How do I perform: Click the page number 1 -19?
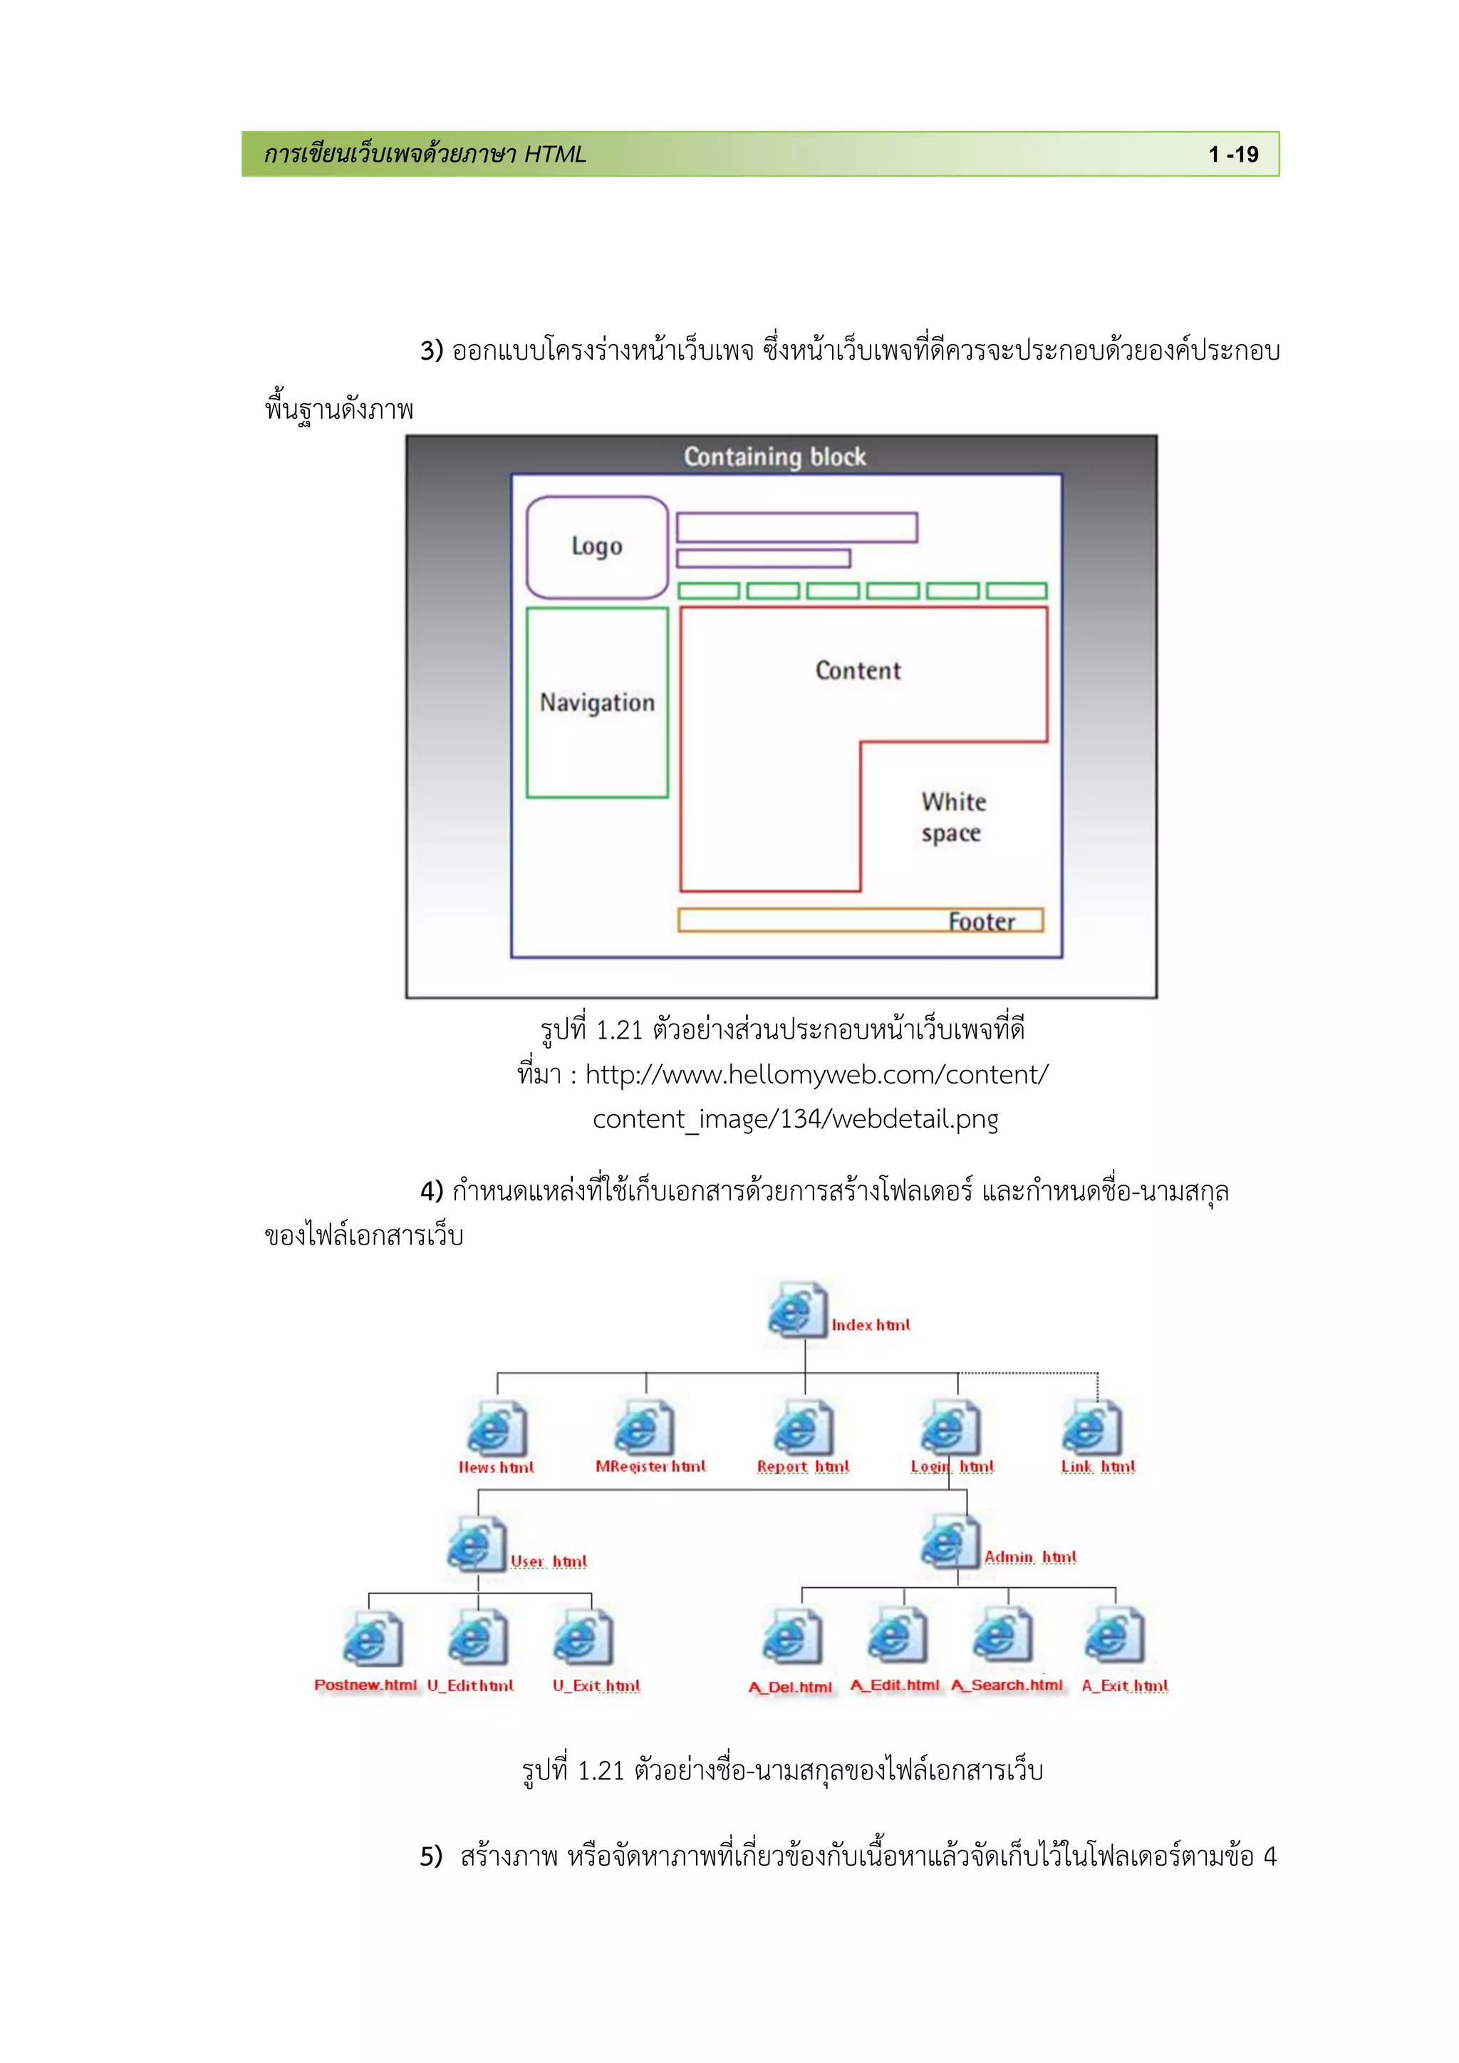tap(1232, 155)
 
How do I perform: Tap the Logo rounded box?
tap(596, 546)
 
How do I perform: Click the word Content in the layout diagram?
tap(858, 670)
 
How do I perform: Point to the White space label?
tap(953, 817)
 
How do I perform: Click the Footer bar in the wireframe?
tap(861, 920)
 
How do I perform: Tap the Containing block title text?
tap(774, 457)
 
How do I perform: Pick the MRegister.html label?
tap(650, 1466)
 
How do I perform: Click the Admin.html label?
tap(1029, 1557)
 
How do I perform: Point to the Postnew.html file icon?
tap(371, 1639)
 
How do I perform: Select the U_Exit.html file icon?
tap(583, 1639)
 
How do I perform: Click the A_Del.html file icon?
tap(791, 1639)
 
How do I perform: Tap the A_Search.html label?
tap(1006, 1685)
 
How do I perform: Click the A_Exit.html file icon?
tap(1114, 1639)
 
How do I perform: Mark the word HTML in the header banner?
tap(554, 155)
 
